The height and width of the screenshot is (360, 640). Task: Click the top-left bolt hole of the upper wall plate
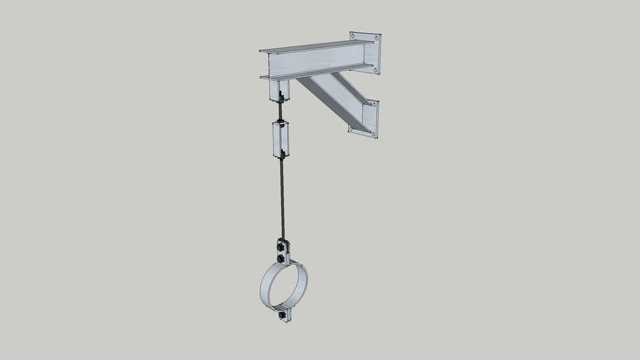(x=352, y=37)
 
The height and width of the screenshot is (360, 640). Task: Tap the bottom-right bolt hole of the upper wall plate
(x=376, y=70)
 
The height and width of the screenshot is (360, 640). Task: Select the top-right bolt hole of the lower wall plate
(x=374, y=105)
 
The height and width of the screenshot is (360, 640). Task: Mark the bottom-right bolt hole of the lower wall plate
(x=373, y=134)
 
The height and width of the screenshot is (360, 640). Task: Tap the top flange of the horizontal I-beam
(x=316, y=46)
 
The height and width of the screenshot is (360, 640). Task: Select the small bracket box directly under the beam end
(x=279, y=89)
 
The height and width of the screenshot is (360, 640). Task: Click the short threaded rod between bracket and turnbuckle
(x=281, y=111)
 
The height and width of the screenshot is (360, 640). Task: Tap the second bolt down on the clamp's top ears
(x=281, y=259)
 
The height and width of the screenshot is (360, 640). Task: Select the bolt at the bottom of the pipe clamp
(x=283, y=316)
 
